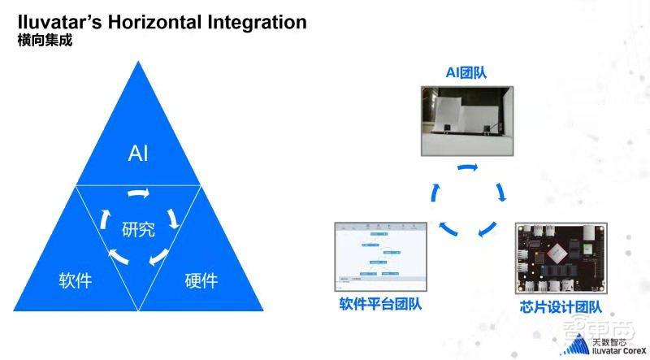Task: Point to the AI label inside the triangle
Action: [138, 154]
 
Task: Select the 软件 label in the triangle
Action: [75, 281]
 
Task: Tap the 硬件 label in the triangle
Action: [201, 281]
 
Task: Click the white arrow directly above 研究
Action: [139, 195]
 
